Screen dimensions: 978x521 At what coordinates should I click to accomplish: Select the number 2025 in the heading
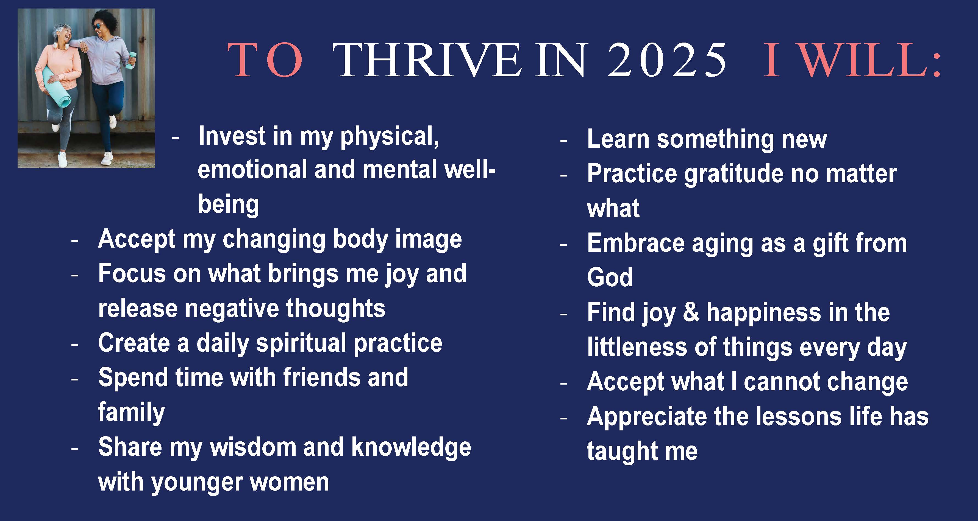[667, 61]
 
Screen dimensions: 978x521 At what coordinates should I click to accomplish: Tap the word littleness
[637, 347]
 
